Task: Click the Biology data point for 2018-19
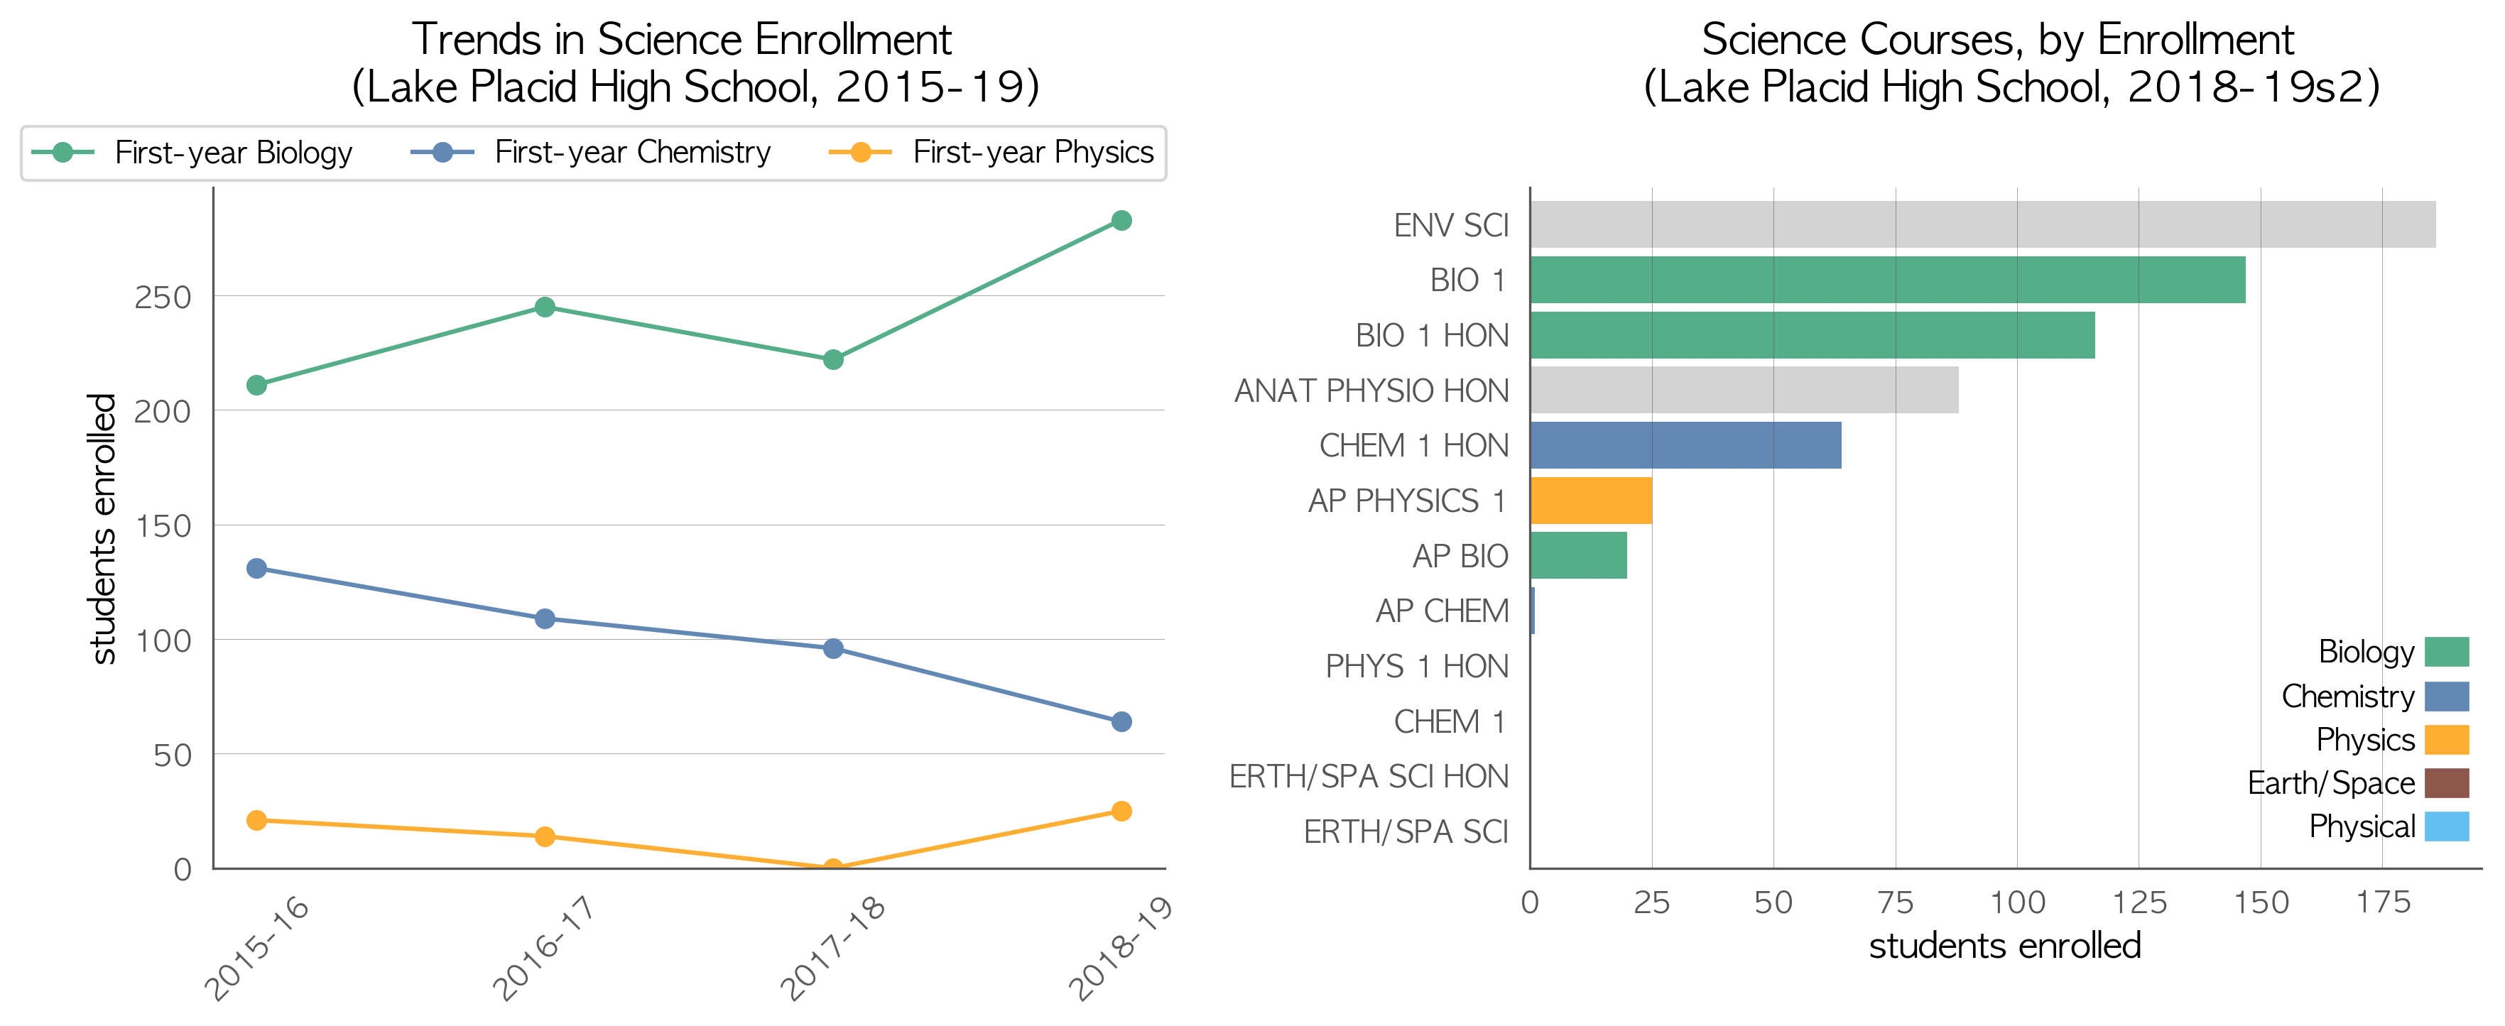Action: [1121, 221]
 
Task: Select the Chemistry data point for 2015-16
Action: [256, 568]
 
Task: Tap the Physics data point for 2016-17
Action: [545, 836]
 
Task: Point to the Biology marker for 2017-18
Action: [833, 360]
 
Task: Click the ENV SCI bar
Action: [1983, 224]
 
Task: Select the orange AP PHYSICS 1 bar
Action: [1591, 501]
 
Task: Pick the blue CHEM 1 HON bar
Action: [1686, 445]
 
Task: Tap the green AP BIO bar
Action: [1578, 555]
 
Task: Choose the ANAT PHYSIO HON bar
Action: [1744, 390]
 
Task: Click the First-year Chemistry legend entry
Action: [590, 153]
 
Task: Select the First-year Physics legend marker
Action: [861, 153]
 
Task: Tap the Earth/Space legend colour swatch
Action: [2447, 783]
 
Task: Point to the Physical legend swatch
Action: [2447, 826]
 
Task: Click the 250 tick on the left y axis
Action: [163, 297]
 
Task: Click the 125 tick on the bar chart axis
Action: [2139, 902]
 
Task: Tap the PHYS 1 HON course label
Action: [1417, 666]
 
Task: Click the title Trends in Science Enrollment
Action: [682, 40]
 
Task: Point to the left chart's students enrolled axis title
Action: [102, 529]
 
